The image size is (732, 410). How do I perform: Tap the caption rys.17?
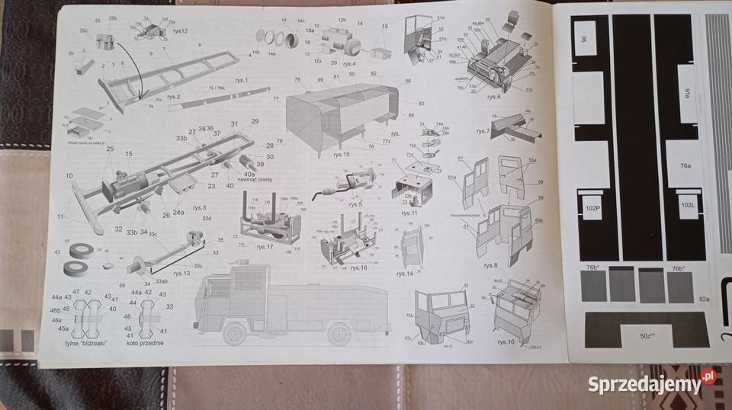click(x=265, y=246)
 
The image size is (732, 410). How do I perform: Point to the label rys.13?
click(x=181, y=273)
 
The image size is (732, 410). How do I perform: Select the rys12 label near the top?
click(x=179, y=30)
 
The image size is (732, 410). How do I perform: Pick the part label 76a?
click(x=685, y=165)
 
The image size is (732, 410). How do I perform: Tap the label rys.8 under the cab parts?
click(x=490, y=264)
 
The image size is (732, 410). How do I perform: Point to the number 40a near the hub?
click(x=249, y=174)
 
